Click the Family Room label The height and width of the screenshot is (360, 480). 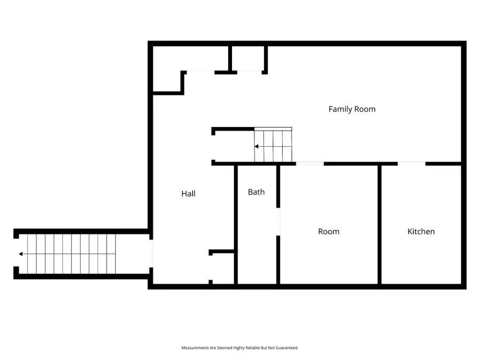tap(351, 109)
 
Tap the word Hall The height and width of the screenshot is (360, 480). tap(188, 194)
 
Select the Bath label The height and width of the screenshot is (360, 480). tap(256, 192)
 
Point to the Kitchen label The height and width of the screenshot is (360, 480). tap(421, 231)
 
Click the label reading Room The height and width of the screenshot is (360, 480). tap(329, 231)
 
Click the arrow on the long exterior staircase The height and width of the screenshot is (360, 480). tap(21, 254)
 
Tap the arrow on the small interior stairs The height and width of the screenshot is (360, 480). tap(257, 146)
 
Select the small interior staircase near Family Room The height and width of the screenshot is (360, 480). tap(274, 146)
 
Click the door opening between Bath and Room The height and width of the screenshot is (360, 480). tap(278, 221)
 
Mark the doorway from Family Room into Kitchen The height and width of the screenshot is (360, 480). tap(411, 164)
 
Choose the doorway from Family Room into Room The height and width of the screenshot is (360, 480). tap(309, 164)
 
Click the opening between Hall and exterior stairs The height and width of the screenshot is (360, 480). tap(151, 254)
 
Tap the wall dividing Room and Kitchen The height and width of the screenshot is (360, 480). tap(379, 224)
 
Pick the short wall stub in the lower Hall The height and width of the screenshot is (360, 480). tap(222, 251)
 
